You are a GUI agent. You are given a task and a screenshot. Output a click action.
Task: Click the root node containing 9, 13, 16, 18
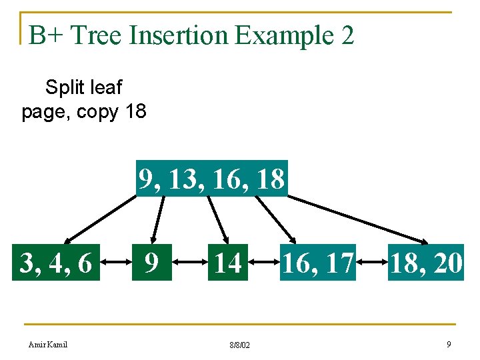coord(211,179)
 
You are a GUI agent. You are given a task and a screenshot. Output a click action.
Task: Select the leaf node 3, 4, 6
coord(56,263)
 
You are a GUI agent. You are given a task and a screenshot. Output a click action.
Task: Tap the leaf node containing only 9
coord(153,263)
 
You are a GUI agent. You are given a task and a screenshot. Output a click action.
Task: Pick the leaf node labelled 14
coord(227,263)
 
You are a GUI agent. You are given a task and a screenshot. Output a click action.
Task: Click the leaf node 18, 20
coord(426,263)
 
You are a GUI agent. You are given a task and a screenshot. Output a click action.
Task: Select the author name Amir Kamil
coord(48,344)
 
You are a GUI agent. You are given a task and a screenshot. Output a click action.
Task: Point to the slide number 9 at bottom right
coord(449,344)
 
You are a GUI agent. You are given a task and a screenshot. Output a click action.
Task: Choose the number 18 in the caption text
coord(134,111)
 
